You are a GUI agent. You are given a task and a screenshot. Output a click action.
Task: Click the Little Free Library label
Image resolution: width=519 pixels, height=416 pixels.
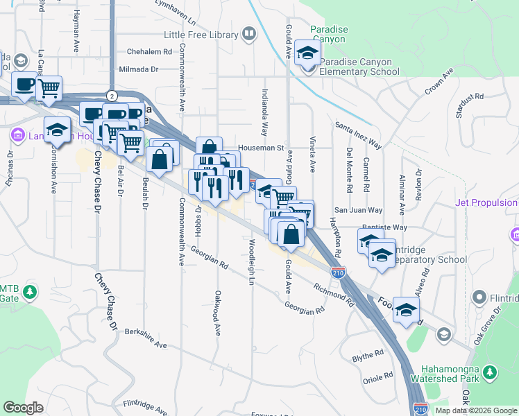201,34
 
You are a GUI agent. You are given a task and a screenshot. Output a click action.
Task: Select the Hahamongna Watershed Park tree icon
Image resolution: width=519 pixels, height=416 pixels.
491,374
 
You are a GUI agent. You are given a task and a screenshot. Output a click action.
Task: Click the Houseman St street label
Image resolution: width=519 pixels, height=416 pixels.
261,148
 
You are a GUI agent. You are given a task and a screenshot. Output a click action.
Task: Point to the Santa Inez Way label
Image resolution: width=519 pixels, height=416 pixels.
358,135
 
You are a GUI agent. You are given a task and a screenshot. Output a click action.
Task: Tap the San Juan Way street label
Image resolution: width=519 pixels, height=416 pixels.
358,210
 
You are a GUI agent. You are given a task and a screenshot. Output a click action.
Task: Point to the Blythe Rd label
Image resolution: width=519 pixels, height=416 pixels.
368,354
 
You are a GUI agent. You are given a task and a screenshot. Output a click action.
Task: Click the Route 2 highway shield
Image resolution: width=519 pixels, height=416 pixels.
111,94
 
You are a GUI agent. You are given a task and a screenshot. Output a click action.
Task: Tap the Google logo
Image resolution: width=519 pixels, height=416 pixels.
23,408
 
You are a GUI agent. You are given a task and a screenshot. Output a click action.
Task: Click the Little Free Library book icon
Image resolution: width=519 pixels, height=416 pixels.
248,33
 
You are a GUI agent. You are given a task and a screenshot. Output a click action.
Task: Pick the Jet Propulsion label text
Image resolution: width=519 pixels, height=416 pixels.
486,203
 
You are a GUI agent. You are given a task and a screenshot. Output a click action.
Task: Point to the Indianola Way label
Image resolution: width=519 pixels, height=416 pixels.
264,111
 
